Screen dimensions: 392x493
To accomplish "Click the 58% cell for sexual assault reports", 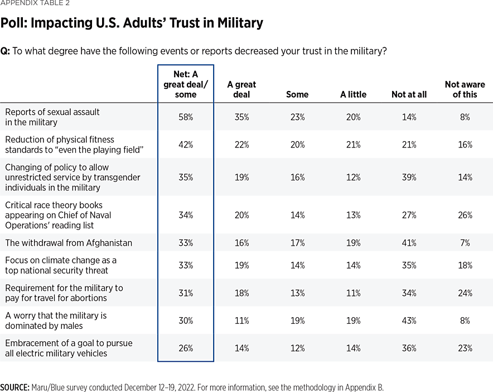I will point(186,117).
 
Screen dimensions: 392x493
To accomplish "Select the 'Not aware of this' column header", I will point(465,89).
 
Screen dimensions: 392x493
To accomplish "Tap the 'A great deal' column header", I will point(241,89).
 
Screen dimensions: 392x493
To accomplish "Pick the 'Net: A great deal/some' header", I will point(186,84).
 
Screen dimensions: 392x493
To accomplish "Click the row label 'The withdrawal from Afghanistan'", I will point(69,243).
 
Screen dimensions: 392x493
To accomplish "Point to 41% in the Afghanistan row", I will point(409,243).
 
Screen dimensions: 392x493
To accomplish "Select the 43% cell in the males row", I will point(409,321).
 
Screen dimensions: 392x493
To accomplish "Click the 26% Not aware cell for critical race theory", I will point(465,215).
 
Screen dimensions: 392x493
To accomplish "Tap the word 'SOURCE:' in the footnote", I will point(14,387).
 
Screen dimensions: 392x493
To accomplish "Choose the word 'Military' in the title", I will point(238,23).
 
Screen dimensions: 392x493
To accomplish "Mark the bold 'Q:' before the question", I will point(5,51).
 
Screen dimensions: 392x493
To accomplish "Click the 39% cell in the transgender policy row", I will point(409,177).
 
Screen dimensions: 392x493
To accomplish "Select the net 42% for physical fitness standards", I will point(186,145).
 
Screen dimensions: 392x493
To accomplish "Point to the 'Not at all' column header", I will point(409,94).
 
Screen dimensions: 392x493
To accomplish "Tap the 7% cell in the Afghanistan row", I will point(465,243).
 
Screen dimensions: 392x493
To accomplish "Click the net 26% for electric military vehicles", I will point(186,348).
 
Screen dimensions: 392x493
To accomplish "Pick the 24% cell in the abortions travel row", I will point(465,293).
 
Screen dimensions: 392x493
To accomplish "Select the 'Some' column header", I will point(297,94).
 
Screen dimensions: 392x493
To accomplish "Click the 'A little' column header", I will point(353,94).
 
